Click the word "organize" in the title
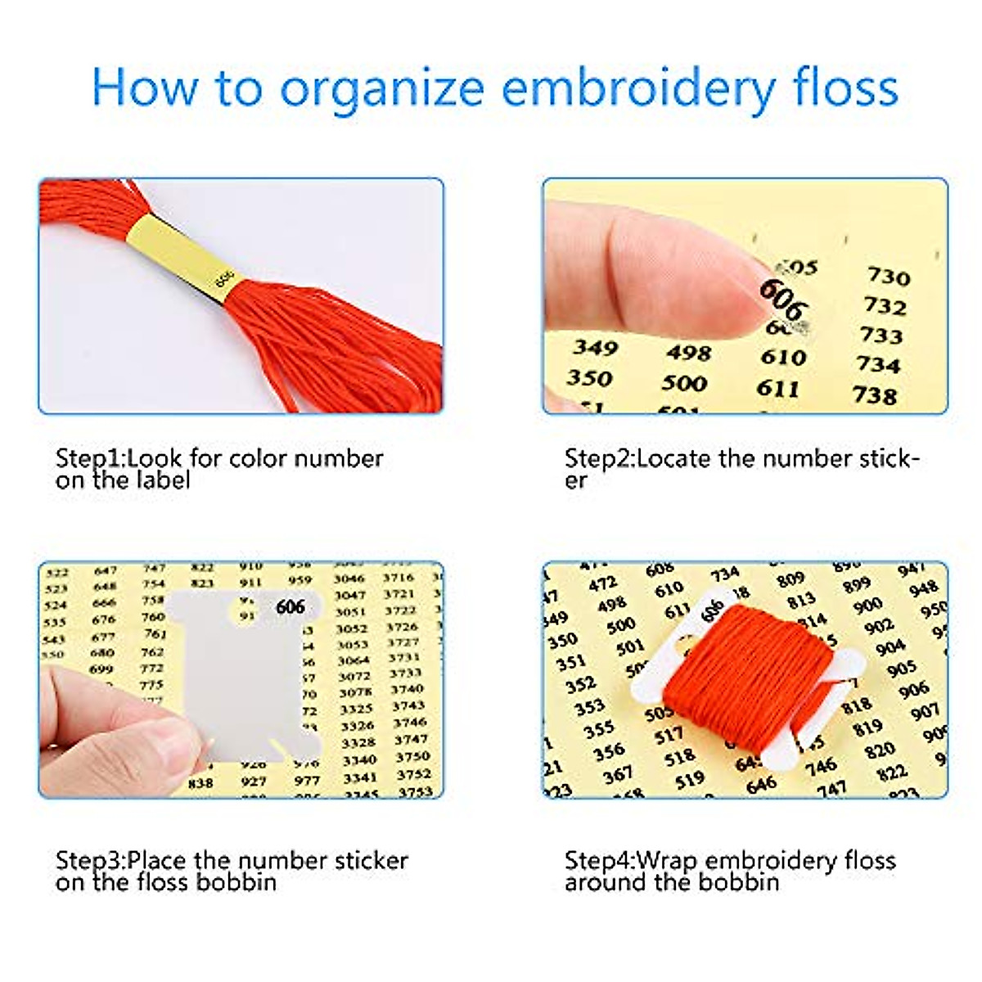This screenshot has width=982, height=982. [x=382, y=88]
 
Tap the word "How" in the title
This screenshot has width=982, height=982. [x=144, y=86]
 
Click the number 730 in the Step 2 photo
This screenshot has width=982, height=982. [x=889, y=277]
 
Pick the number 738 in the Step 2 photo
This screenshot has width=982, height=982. [x=875, y=395]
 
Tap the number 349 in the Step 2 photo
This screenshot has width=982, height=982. [x=595, y=348]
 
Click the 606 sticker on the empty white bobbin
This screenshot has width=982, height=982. [x=291, y=606]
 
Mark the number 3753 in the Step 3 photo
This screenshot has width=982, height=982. [x=415, y=791]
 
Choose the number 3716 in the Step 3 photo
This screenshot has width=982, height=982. [x=399, y=578]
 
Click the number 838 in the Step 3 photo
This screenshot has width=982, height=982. [x=200, y=783]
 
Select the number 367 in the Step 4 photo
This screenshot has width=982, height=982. [x=617, y=773]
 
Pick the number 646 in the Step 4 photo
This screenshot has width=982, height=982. [x=761, y=784]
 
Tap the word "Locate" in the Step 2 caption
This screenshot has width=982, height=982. [x=673, y=458]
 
